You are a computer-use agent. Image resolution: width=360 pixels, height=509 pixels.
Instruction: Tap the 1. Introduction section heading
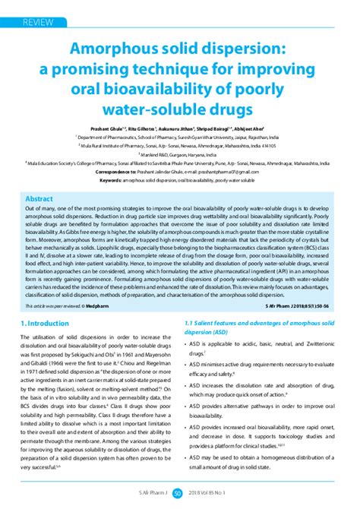point(48,325)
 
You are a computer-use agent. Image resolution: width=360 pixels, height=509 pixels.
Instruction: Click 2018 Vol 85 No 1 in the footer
point(215,495)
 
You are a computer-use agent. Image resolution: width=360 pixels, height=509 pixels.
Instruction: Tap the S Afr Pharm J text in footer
point(148,495)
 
